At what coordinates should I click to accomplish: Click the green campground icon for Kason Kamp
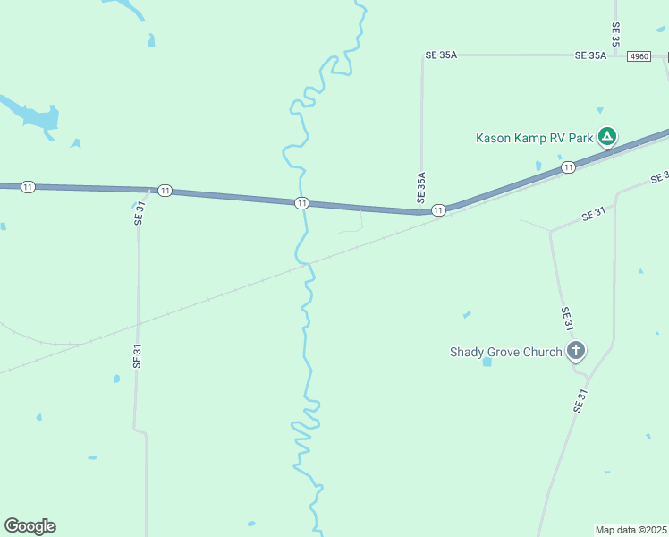[607, 137]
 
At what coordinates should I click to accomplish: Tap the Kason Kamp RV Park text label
[535, 138]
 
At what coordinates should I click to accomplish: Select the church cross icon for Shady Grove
[577, 351]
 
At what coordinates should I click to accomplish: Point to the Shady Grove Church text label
[505, 352]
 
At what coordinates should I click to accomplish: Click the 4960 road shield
[639, 55]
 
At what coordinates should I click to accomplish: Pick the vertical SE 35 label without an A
[615, 34]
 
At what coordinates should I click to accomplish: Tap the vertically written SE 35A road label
[421, 186]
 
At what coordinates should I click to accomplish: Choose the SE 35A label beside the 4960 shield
[590, 55]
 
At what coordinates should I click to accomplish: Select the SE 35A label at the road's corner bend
[442, 55]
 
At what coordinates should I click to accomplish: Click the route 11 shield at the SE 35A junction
[438, 210]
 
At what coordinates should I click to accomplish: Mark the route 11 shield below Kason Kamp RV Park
[568, 167]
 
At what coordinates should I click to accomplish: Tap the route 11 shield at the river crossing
[302, 203]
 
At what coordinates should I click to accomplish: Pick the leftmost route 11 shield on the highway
[29, 186]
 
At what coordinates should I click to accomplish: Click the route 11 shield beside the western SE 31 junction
[165, 191]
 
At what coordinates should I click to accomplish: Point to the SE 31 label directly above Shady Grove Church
[566, 320]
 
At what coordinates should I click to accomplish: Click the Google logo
[30, 526]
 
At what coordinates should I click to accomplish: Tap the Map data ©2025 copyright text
[631, 530]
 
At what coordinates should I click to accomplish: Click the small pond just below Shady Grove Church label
[487, 362]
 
